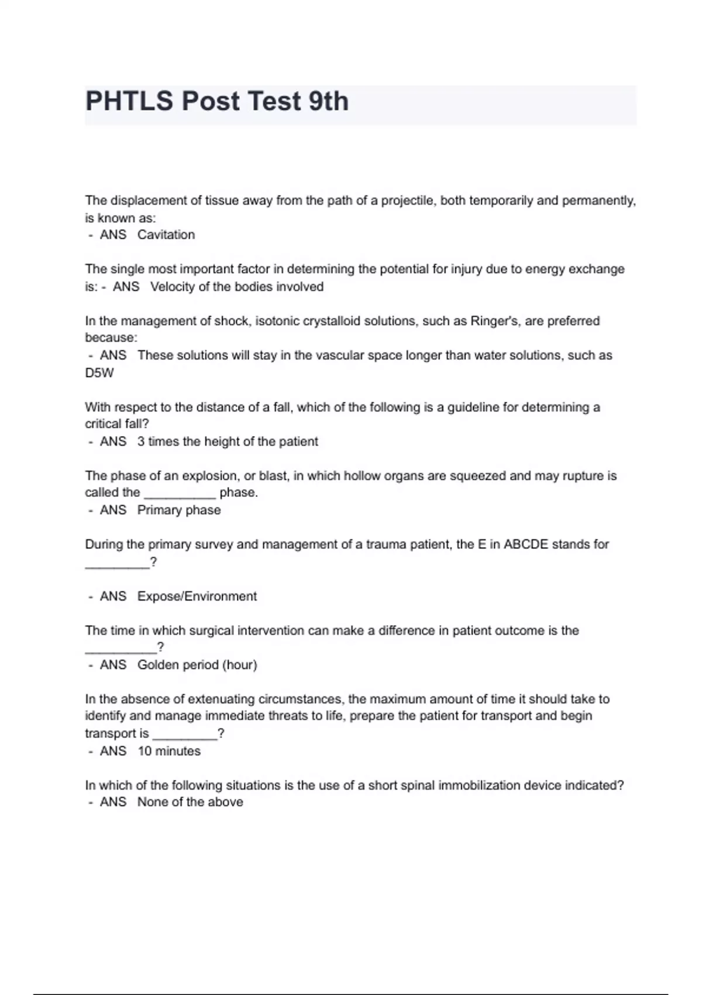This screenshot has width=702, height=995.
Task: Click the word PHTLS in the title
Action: point(129,101)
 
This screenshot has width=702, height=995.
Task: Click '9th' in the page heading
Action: point(328,101)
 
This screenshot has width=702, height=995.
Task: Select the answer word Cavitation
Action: point(166,235)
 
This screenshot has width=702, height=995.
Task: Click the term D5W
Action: point(99,373)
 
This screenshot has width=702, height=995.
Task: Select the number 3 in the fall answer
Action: point(141,441)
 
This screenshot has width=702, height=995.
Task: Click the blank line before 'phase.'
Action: point(180,493)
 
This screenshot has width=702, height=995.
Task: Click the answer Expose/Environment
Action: point(197,596)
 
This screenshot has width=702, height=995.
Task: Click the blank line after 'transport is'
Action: point(184,734)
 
